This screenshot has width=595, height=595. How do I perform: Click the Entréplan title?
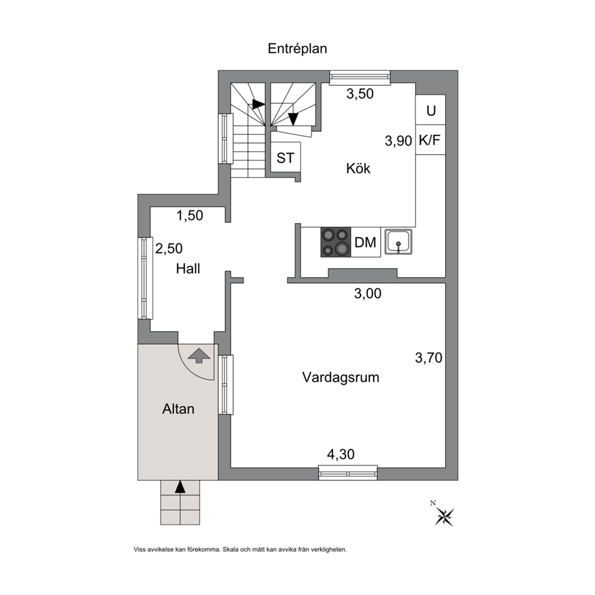coord(297,49)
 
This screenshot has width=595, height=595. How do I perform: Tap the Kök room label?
coord(358,168)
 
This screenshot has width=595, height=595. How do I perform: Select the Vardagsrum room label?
coord(340,377)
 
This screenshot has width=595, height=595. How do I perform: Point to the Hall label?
coord(188,269)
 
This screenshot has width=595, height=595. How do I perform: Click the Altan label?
coord(178,409)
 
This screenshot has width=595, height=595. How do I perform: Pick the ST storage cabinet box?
coord(286,158)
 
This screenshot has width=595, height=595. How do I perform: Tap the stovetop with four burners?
coord(336,242)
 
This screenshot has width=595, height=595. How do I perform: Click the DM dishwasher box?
coord(365,242)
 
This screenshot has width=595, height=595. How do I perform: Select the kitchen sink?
coord(398,242)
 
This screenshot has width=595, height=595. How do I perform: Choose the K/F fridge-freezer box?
coord(430,140)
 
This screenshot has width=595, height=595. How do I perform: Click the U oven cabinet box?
coord(430,110)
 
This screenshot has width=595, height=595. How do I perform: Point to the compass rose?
coord(444,516)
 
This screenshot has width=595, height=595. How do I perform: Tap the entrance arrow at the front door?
coord(199,356)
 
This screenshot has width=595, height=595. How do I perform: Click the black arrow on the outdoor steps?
coord(181,487)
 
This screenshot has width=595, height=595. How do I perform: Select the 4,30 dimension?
coord(340,454)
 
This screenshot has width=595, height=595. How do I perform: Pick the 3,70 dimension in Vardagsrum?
coord(428,358)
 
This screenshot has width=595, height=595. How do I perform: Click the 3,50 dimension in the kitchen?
coord(360,94)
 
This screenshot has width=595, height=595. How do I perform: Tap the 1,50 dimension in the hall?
coord(190,215)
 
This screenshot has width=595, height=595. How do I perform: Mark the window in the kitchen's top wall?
coord(359,77)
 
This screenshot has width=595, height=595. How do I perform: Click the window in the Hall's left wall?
coord(145,278)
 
